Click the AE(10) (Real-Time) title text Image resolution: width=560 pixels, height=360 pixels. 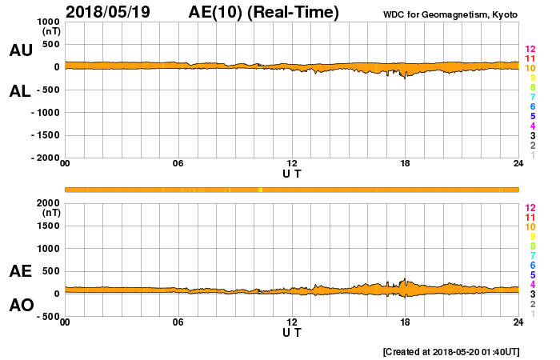point(263,12)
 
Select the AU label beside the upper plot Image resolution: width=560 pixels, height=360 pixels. point(21,50)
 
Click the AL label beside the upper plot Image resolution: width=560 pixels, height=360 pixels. point(21,91)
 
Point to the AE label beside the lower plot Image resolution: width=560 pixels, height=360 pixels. point(21,271)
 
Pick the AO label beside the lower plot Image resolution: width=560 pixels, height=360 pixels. point(21,305)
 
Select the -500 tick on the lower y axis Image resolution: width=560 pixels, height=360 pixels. point(46,316)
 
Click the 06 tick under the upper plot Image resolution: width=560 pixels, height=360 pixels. point(178,164)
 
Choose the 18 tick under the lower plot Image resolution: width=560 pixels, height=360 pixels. point(405,322)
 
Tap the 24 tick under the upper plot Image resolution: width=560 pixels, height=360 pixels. point(518,164)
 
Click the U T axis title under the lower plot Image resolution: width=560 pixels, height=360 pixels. point(292,332)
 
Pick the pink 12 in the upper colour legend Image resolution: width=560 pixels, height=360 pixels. point(530,50)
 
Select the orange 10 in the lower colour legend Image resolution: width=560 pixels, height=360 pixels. point(530,226)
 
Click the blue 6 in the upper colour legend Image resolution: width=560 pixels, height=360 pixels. point(532,107)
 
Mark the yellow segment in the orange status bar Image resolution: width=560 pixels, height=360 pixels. point(261,190)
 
